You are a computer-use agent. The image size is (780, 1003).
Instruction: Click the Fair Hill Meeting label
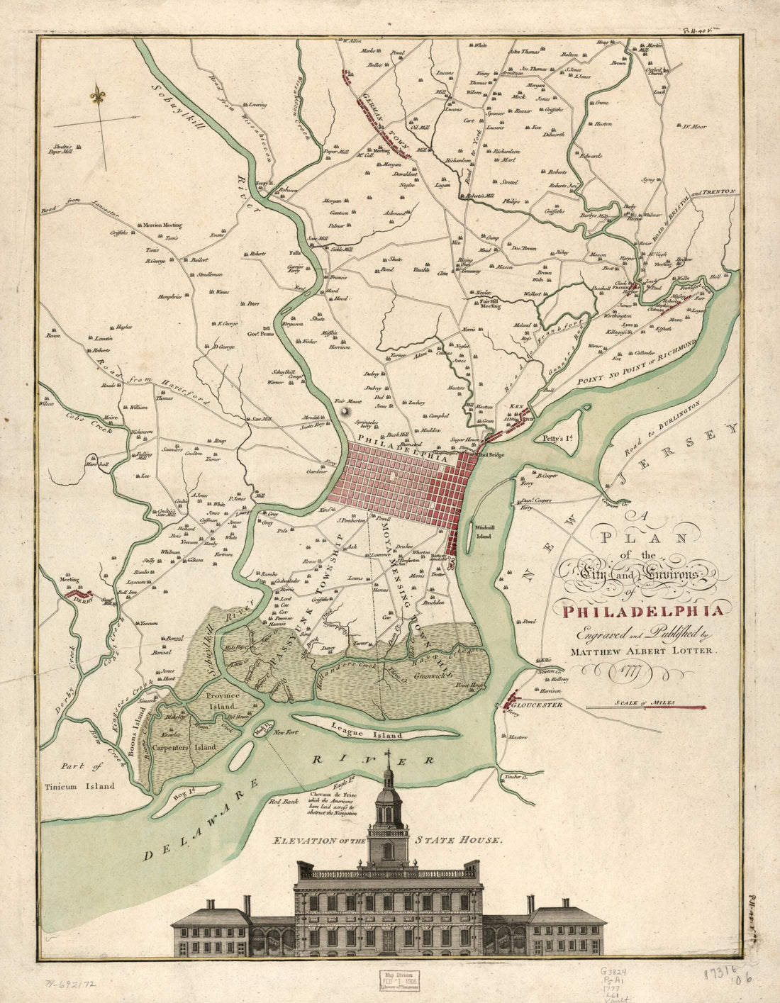[486, 304]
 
